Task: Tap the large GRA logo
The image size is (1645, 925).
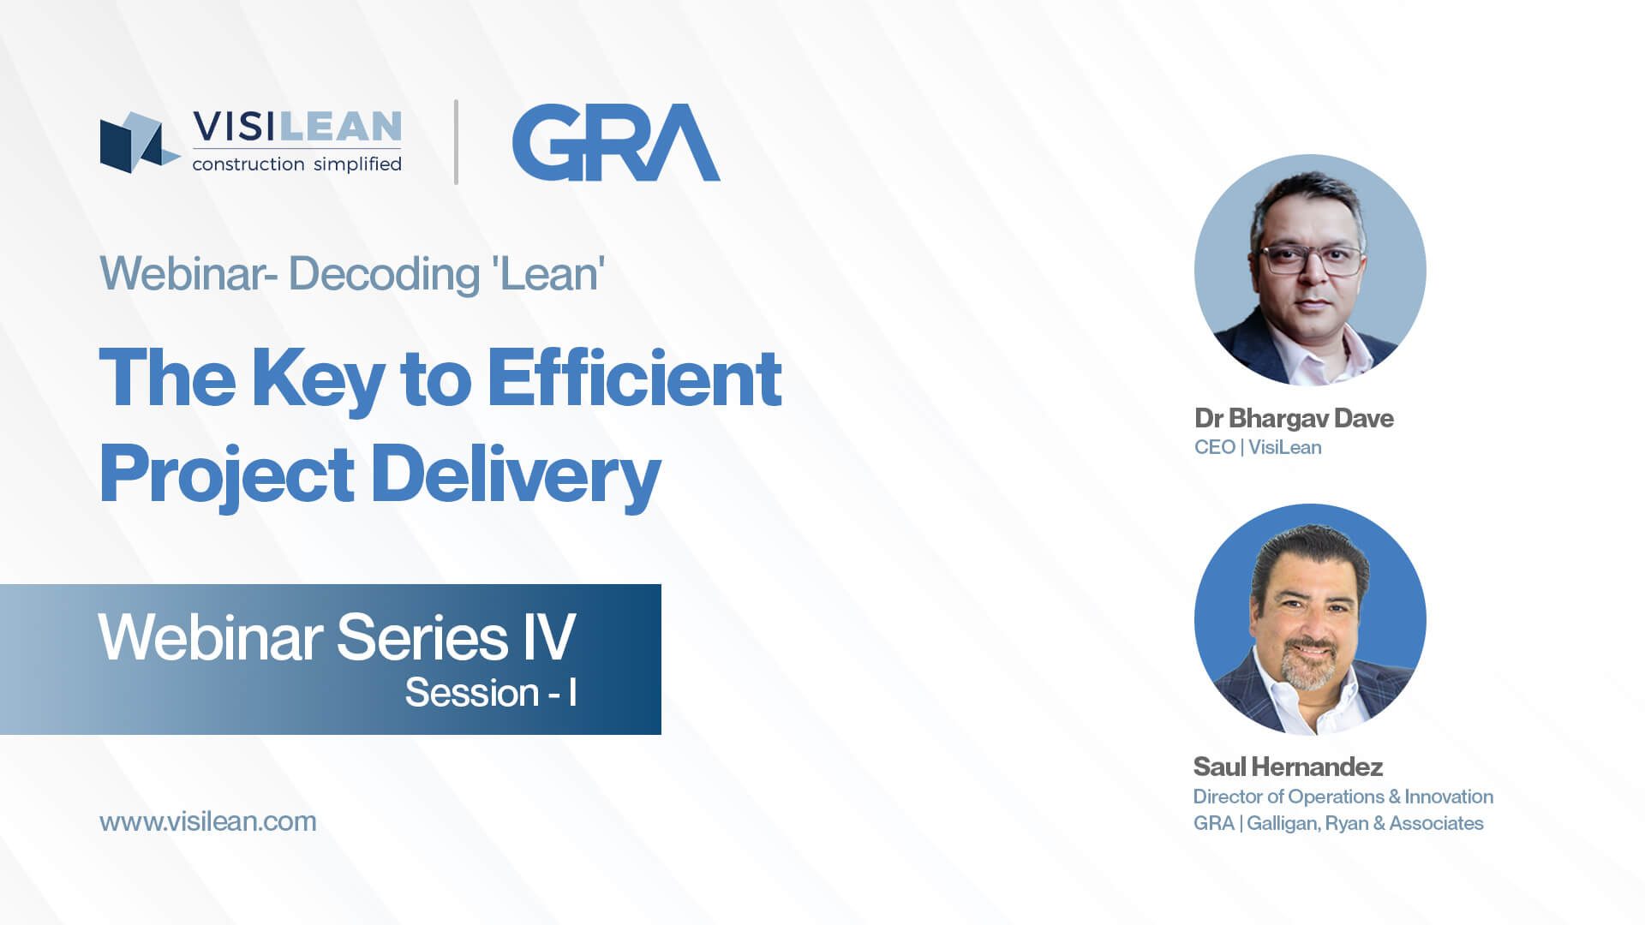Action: tap(616, 142)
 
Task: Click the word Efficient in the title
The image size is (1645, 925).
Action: tap(634, 378)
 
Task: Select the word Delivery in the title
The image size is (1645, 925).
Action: tap(516, 476)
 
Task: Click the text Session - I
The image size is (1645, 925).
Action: tap(491, 692)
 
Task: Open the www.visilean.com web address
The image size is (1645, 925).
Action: tap(208, 821)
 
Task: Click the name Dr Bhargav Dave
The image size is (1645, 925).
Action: tap(1294, 418)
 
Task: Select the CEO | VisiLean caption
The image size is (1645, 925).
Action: tap(1258, 447)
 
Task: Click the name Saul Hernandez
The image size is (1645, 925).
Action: tap(1288, 767)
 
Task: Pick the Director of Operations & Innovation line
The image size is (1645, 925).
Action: tap(1343, 797)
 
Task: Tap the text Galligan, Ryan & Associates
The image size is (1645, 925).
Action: tap(1365, 823)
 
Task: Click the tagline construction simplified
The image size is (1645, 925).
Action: tap(296, 164)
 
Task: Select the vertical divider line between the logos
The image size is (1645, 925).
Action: tap(456, 142)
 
